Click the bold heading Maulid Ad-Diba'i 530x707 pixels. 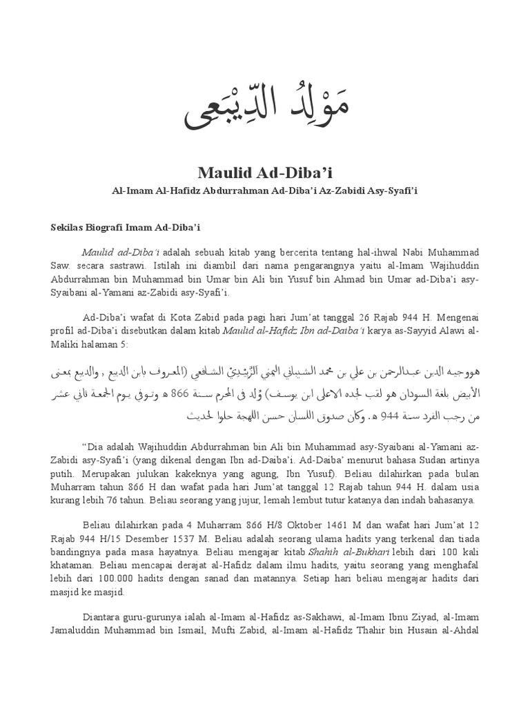265,171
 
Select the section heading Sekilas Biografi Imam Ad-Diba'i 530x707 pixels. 125,226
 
